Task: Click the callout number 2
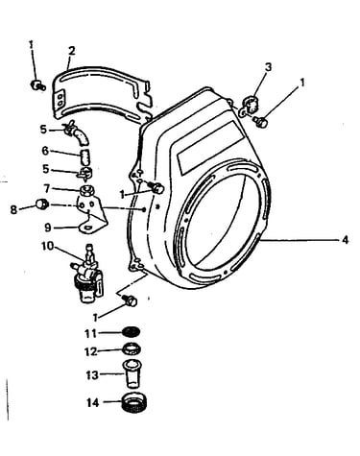pyautogui.click(x=72, y=51)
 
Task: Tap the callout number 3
pyautogui.click(x=268, y=67)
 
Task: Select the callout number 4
pyautogui.click(x=345, y=240)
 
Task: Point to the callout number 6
pyautogui.click(x=46, y=151)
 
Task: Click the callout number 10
pyautogui.click(x=48, y=246)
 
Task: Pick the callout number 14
pyautogui.click(x=93, y=403)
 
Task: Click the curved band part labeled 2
pyautogui.click(x=101, y=95)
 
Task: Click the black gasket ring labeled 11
pyautogui.click(x=132, y=332)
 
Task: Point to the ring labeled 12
pyautogui.click(x=132, y=348)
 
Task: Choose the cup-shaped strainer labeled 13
pyautogui.click(x=132, y=373)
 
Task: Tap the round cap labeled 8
pyautogui.click(x=42, y=204)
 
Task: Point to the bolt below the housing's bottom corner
pyautogui.click(x=131, y=300)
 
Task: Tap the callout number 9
pyautogui.click(x=48, y=228)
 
